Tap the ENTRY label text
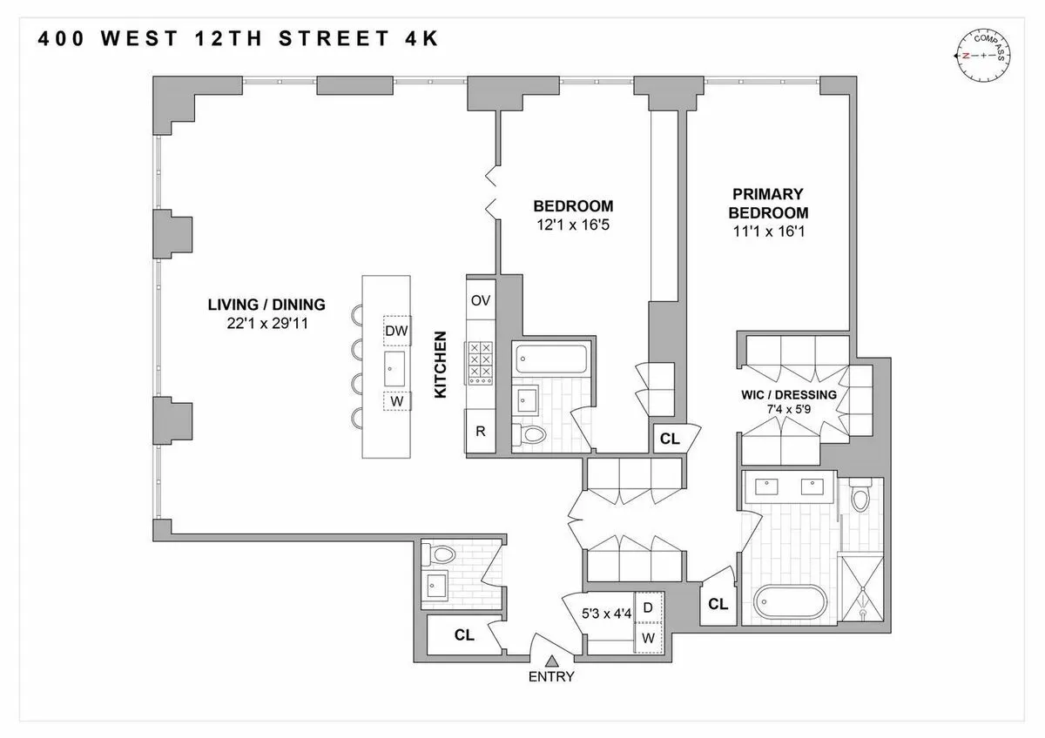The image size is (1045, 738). click(550, 677)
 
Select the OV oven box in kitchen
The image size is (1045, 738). click(481, 300)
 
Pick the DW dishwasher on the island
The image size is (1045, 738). click(396, 330)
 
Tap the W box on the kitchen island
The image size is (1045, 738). click(396, 402)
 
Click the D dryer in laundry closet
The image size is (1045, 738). click(648, 607)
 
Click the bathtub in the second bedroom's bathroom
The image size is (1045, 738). click(552, 357)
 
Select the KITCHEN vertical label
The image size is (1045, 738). click(440, 365)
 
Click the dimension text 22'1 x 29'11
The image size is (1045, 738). click(266, 322)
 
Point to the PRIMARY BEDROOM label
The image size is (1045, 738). click(768, 203)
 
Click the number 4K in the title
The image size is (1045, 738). click(418, 39)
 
